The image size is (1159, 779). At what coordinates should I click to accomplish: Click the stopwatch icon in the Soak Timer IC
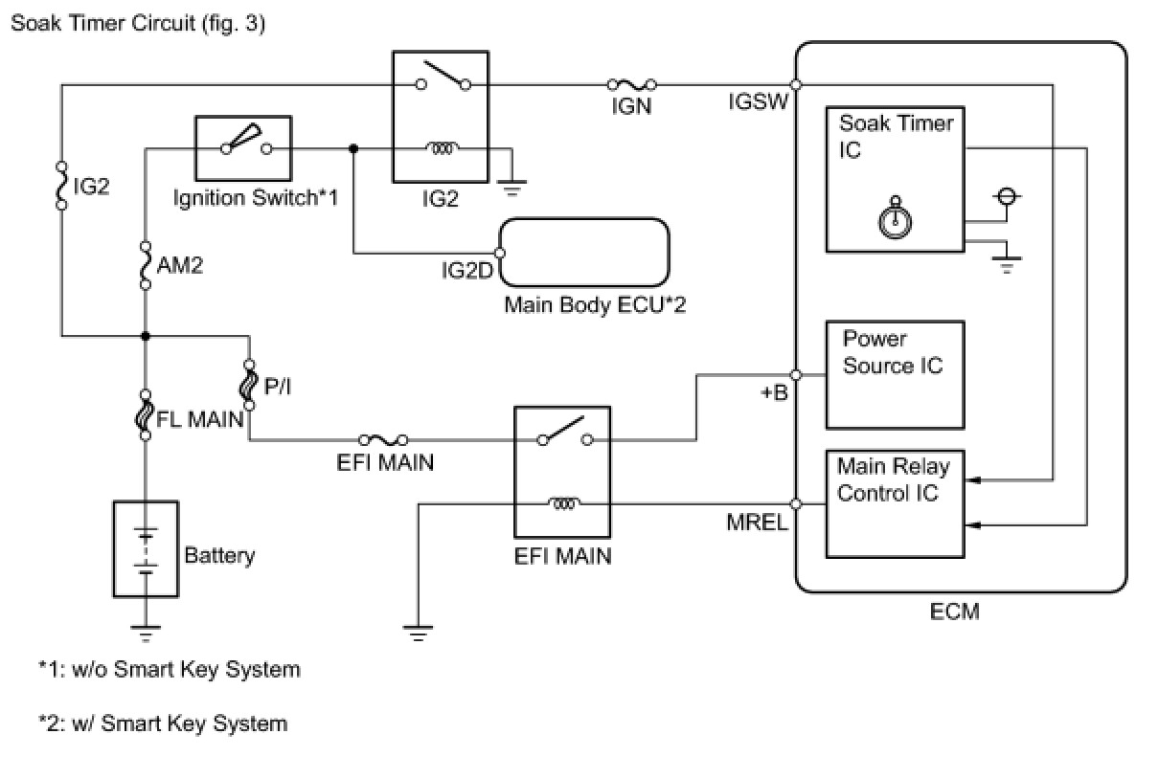895,217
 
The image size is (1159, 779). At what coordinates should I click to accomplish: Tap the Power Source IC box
895,374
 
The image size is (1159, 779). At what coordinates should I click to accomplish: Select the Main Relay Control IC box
895,503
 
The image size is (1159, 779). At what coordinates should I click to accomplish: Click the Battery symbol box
145,549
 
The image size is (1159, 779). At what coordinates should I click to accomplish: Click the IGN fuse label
631,106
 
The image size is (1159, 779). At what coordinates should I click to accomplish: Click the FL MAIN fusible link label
198,418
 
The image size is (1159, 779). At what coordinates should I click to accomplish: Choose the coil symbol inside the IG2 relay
443,148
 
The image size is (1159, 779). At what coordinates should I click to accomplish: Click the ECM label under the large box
955,611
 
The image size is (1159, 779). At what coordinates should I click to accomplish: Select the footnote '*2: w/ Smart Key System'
163,723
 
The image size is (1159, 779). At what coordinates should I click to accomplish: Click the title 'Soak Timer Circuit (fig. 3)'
137,24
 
